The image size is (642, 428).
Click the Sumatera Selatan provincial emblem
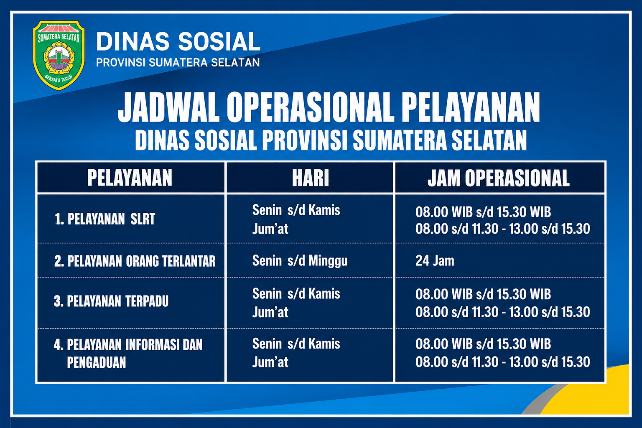pyautogui.click(x=59, y=55)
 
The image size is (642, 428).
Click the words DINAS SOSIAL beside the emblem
pyautogui.click(x=178, y=42)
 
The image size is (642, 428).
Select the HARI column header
pyautogui.click(x=311, y=178)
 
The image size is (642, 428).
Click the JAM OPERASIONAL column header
pyautogui.click(x=499, y=178)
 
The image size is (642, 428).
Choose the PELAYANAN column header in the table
pyautogui.click(x=130, y=178)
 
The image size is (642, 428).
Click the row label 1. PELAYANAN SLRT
pyautogui.click(x=105, y=219)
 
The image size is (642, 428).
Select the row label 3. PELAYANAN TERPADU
pyautogui.click(x=111, y=301)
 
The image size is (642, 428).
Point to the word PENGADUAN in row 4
pyautogui.click(x=97, y=362)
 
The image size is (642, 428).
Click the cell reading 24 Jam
pyautogui.click(x=435, y=261)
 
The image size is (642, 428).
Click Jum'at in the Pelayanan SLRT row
pyautogui.click(x=270, y=229)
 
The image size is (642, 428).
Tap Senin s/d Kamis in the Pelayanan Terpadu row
pyautogui.click(x=296, y=294)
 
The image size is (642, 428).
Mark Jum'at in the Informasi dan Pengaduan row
pyautogui.click(x=270, y=362)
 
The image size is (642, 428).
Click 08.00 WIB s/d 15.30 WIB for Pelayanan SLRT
pyautogui.click(x=483, y=212)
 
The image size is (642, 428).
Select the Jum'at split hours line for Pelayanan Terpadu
pyautogui.click(x=503, y=312)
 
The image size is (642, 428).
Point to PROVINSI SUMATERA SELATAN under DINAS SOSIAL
pyautogui.click(x=178, y=63)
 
